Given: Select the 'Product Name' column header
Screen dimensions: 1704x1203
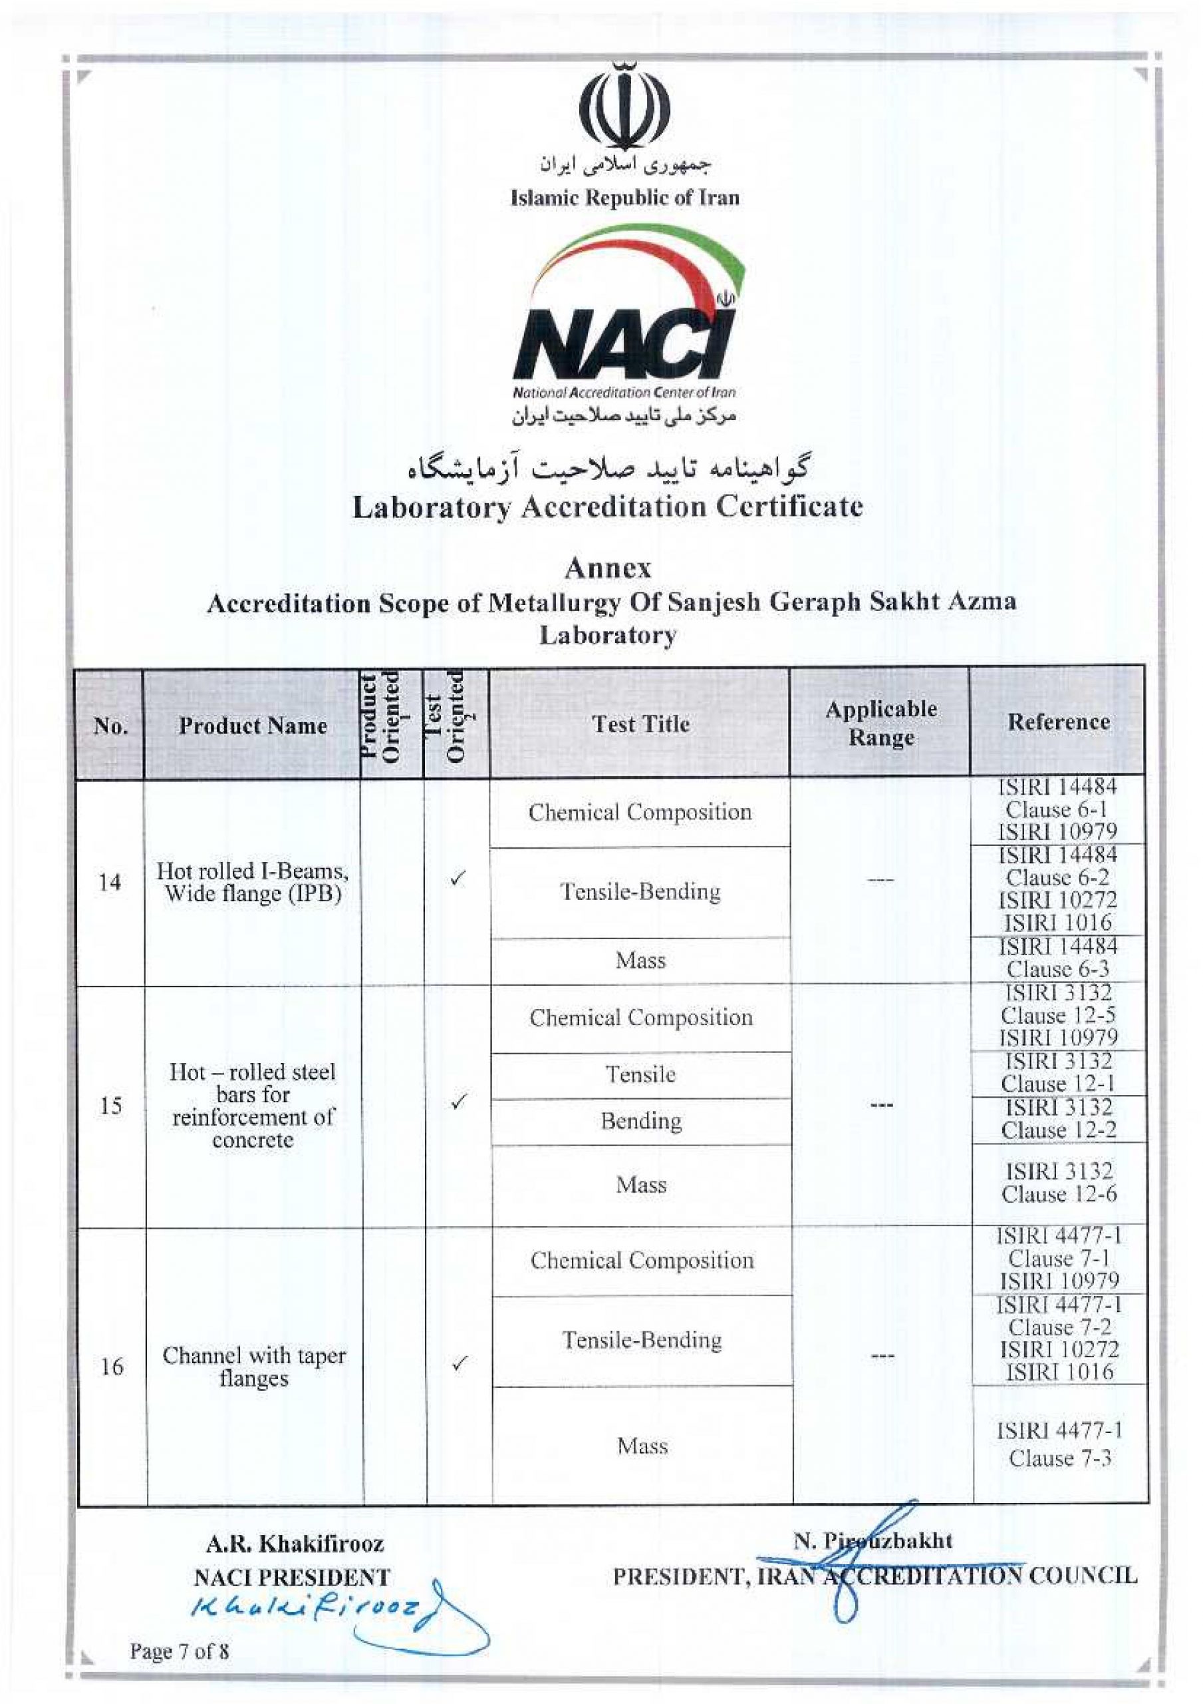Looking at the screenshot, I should [x=253, y=726].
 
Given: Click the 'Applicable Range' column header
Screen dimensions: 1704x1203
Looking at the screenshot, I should [x=881, y=723].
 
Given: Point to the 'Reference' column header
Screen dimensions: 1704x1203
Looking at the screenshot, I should [x=1059, y=722].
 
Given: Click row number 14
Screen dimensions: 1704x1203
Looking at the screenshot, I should [x=110, y=883].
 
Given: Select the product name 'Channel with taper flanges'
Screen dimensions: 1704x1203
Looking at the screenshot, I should [x=253, y=1367].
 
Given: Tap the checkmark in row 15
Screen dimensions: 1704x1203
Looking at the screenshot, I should [x=458, y=1102].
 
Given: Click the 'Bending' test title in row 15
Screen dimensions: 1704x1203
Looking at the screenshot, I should [x=641, y=1121].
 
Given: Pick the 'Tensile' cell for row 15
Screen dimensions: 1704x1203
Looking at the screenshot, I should [x=641, y=1074].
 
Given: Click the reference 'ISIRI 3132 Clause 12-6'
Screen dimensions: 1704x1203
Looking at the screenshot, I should [x=1059, y=1183].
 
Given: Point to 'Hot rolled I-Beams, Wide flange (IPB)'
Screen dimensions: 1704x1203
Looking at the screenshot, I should [x=253, y=883].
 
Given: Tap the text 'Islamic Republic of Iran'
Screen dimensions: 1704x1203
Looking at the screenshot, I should [x=624, y=198].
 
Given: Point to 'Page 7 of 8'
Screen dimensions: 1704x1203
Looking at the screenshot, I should [x=180, y=1651].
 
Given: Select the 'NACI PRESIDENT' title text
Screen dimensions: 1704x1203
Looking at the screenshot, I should [x=291, y=1577].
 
